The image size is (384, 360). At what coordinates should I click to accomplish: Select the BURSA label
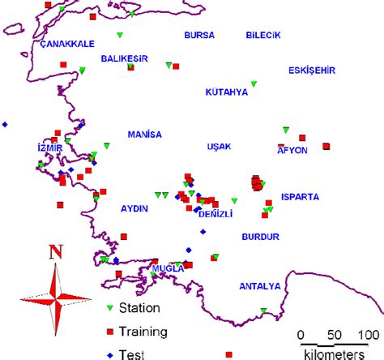point(200,36)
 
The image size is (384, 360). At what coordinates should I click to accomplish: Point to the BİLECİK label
point(262,36)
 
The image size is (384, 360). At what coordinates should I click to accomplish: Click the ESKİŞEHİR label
point(312,71)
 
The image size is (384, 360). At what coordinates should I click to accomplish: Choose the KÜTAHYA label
point(226,92)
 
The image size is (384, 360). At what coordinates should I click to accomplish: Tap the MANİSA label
point(145,134)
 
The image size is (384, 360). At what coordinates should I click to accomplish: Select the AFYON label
point(292,150)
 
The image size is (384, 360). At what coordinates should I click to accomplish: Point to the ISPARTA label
point(300,196)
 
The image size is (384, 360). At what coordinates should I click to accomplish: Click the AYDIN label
point(134,208)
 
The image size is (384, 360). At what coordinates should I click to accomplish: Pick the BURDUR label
point(260,237)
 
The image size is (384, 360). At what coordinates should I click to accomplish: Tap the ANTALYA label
point(259,286)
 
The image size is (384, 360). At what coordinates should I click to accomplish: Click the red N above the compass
point(56,252)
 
